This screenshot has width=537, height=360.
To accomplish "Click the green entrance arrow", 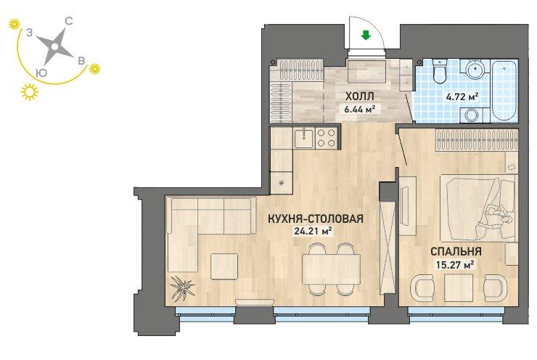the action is (x=366, y=35).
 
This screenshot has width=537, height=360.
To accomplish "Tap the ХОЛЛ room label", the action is (x=359, y=97).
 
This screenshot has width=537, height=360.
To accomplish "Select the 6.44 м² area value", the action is (x=360, y=110).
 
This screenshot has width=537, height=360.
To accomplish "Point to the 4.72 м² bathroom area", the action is (x=462, y=97).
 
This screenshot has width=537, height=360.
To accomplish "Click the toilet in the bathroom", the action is (x=439, y=70).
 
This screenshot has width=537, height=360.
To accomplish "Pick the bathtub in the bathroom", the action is (x=504, y=91).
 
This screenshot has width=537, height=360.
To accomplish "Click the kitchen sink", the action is (x=303, y=138).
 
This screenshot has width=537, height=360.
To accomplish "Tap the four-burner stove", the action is (x=326, y=138).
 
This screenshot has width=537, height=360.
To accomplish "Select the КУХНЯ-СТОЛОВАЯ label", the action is (x=316, y=218).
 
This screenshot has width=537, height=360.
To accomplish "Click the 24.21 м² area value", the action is (x=313, y=232).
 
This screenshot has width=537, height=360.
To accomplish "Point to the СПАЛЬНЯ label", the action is (x=456, y=251).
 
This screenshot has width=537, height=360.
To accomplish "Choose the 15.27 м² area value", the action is (x=455, y=264).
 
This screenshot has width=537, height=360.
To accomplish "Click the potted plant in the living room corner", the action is (x=182, y=287).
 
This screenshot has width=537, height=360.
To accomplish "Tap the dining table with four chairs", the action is (x=331, y=269).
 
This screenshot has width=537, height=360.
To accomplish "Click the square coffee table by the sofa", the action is (x=224, y=266).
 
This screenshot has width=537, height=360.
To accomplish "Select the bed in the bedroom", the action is (x=478, y=208).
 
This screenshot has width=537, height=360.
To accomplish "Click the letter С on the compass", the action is (x=68, y=22).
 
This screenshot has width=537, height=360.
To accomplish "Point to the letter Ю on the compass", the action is (x=41, y=73).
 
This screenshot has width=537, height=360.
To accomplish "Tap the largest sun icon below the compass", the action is (x=30, y=91).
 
